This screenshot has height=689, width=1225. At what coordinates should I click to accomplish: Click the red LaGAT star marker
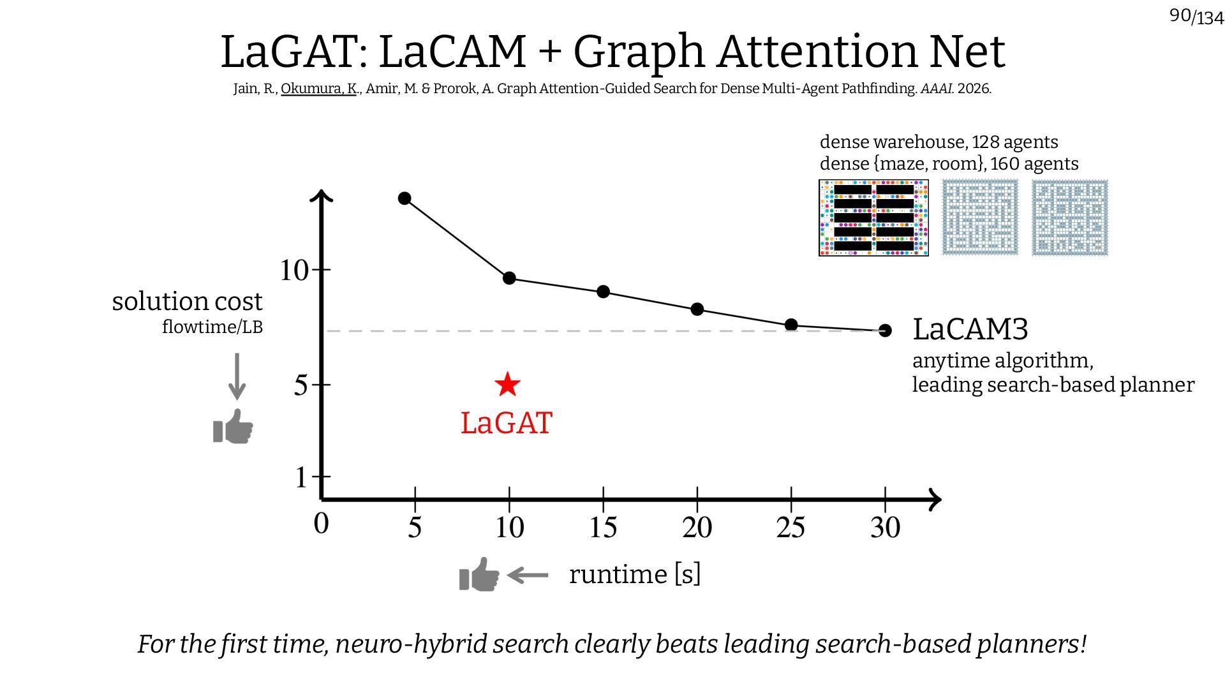(507, 384)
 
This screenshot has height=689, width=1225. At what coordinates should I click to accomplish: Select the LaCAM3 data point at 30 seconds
(885, 330)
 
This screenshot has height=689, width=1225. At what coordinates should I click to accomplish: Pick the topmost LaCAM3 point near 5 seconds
(405, 198)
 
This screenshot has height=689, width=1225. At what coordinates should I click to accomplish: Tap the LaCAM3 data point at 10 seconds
(509, 278)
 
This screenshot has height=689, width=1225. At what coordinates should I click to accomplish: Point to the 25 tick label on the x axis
(791, 528)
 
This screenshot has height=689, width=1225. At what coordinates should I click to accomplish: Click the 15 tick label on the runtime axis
(603, 528)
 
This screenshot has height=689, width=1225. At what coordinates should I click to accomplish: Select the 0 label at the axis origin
(322, 524)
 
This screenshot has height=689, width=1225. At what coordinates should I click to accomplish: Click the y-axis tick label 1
(301, 477)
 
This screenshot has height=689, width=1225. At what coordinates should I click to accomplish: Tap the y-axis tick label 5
(301, 385)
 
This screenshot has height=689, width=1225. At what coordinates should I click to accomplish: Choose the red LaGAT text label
(507, 424)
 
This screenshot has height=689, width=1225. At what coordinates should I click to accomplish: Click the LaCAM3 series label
(970, 329)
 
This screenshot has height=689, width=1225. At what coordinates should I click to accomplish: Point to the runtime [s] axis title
(634, 574)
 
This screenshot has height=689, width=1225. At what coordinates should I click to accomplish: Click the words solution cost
(187, 301)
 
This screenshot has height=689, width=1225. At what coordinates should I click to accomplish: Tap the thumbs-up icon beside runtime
(479, 575)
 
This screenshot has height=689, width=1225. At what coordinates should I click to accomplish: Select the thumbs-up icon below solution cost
(233, 427)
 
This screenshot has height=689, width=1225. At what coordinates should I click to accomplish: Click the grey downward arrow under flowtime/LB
(237, 376)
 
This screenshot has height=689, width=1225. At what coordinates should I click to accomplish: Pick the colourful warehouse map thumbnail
(873, 218)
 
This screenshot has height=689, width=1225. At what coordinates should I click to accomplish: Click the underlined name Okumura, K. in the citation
(318, 89)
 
